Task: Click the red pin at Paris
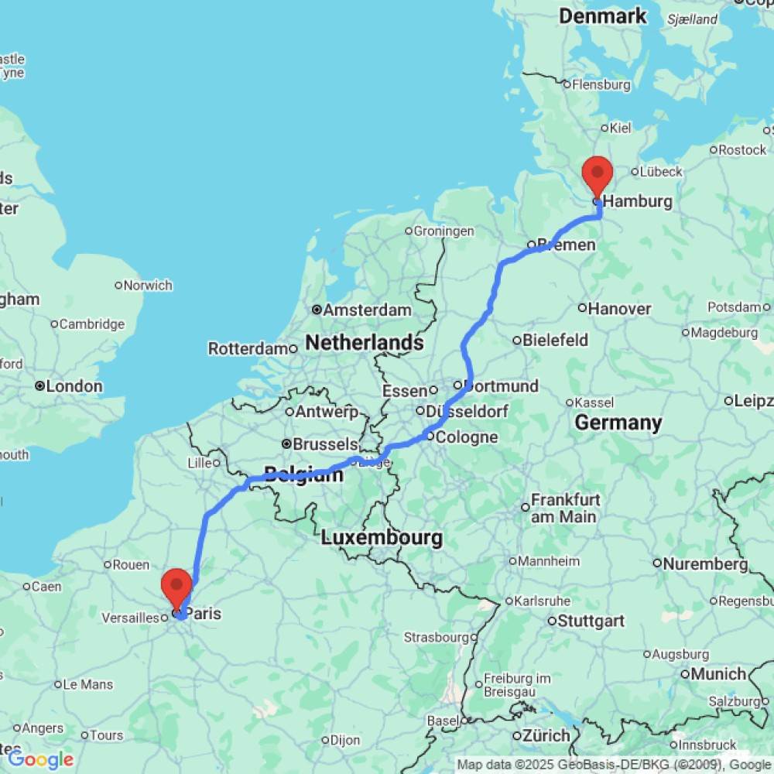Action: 176,587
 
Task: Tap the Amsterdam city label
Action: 367,310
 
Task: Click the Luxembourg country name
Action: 382,537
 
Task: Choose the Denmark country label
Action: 602,16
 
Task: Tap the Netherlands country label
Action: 365,342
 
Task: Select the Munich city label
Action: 717,674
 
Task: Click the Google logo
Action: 40,759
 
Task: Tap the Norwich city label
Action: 147,286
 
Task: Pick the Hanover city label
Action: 619,309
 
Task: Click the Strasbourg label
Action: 436,638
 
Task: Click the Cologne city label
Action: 466,437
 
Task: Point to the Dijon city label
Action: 345,740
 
